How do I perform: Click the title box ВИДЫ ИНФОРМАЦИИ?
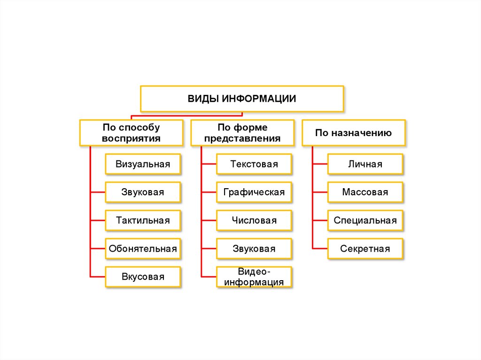242,99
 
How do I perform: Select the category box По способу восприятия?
131,133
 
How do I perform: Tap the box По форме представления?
242,133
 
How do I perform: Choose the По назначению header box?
353,133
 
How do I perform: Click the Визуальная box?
143,164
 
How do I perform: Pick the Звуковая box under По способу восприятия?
143,192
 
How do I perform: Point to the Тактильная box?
143,221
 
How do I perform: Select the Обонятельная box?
143,249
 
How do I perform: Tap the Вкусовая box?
143,277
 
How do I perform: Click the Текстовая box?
254,164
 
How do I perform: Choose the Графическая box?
254,192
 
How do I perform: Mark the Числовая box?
254,221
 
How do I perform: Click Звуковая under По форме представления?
254,249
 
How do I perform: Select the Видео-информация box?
254,277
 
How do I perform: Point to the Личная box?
365,164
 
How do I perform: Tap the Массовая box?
365,192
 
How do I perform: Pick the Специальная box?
365,221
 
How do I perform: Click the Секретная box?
365,249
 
